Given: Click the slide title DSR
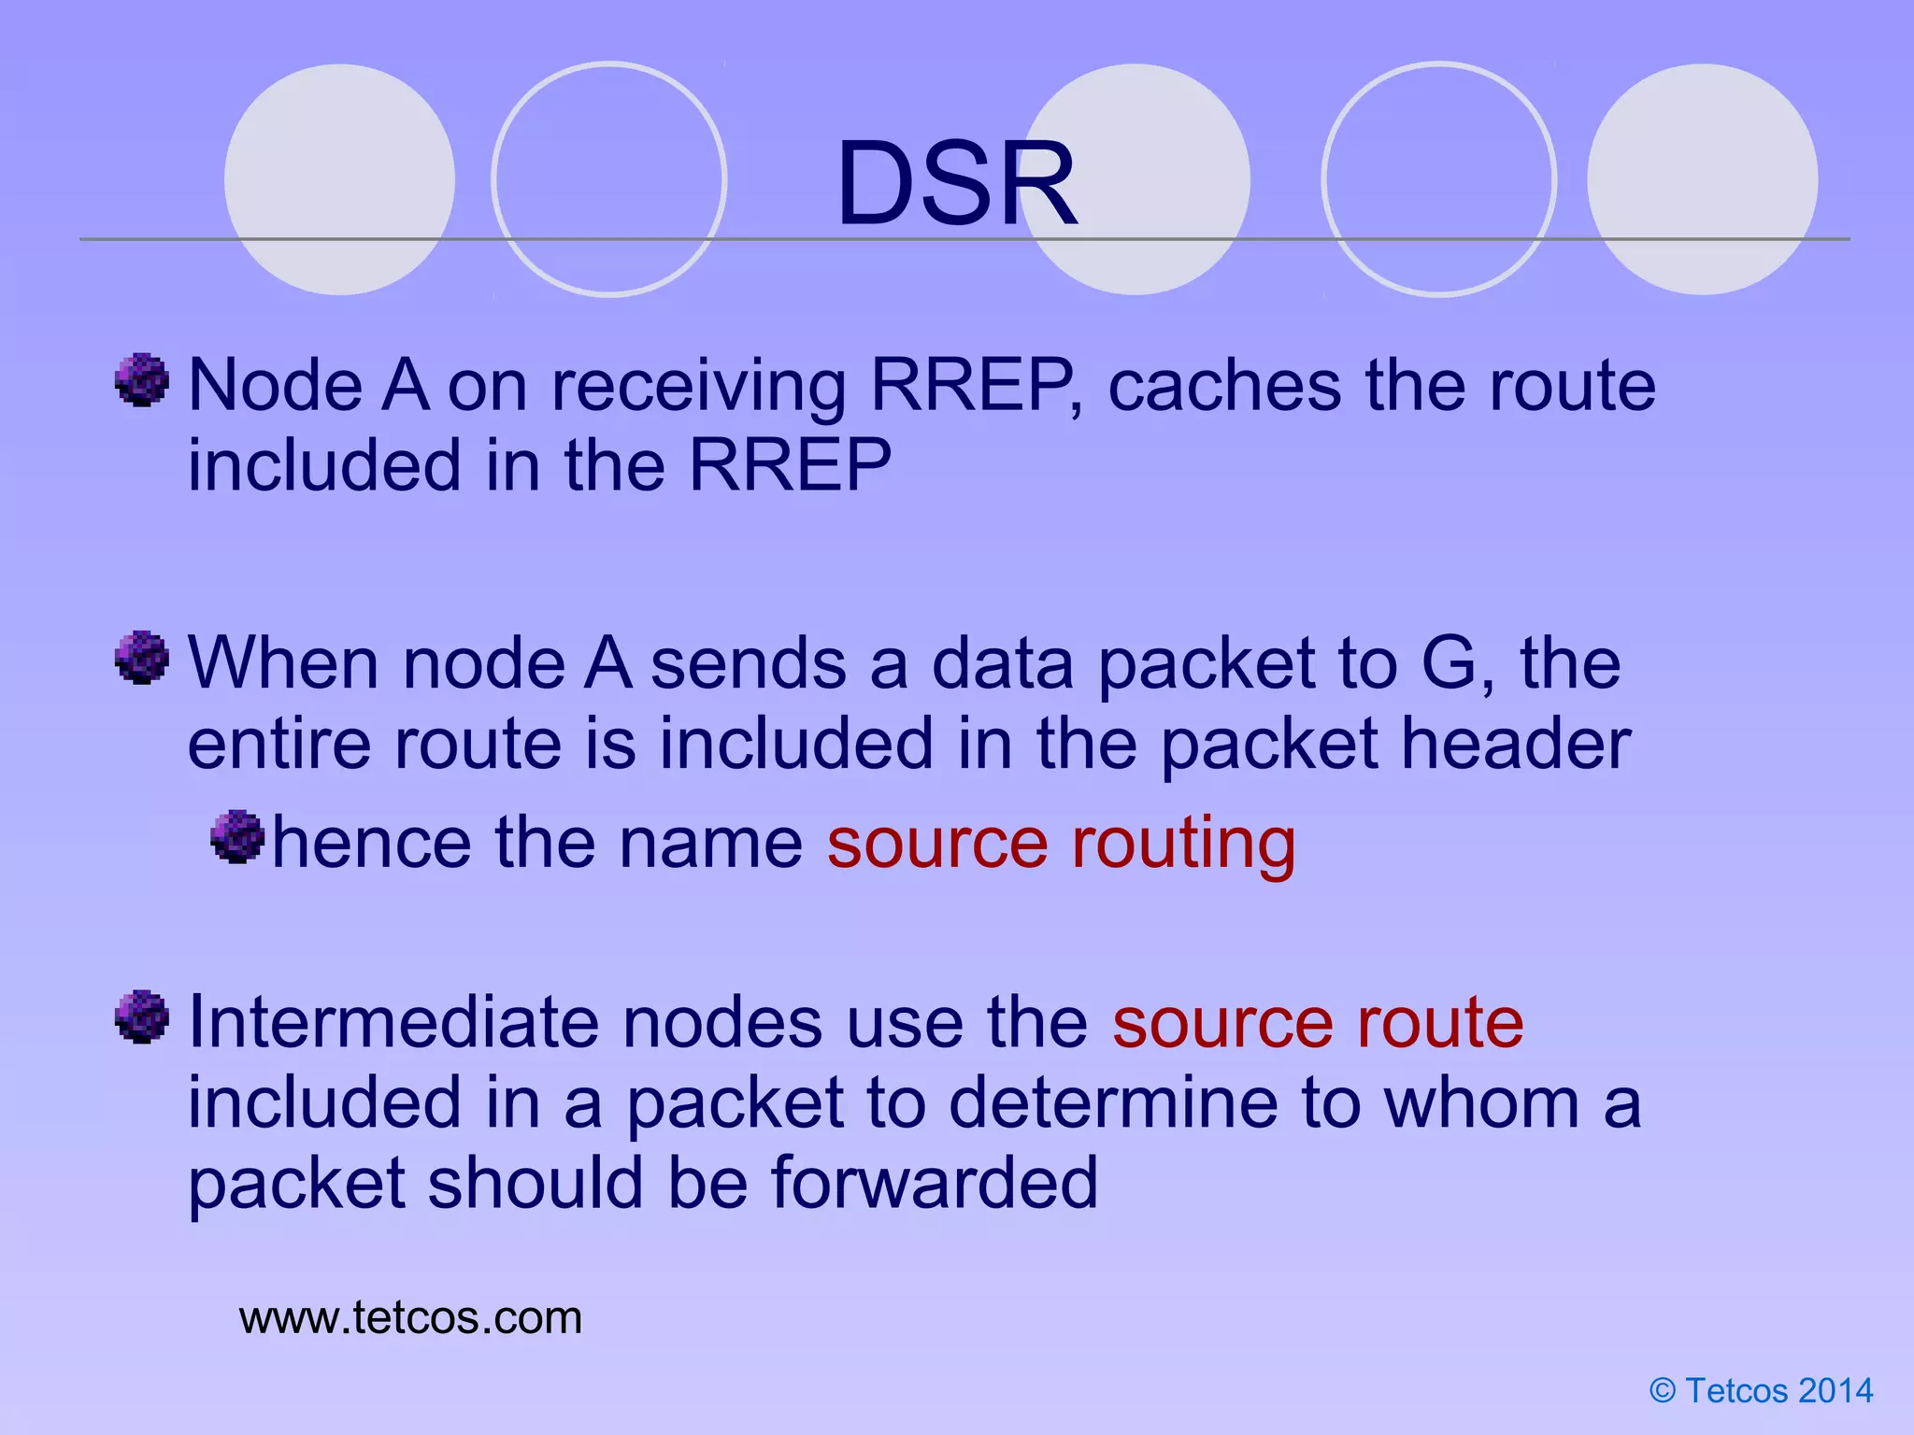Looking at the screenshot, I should point(957,183).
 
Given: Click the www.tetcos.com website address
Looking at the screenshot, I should point(410,1318).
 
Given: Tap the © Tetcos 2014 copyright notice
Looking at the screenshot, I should point(1761,1391).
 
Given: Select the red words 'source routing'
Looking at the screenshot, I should point(1061,843).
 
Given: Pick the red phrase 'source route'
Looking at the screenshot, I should point(1318,1022).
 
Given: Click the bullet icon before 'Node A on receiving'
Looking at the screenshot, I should point(142,380).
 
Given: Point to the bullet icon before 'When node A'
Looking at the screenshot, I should point(142,658).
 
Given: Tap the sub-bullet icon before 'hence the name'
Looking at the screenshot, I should point(238,836).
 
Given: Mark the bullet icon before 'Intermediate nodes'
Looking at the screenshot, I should point(142,1016).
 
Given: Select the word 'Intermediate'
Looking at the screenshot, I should point(393,1022).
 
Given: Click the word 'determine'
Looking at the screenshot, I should point(1113,1103).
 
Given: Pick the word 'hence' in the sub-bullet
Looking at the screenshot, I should point(371,843).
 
